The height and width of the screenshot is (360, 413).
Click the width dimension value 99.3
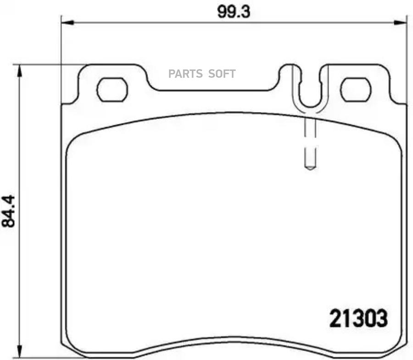(234, 11)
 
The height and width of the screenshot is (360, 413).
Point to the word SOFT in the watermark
(223, 74)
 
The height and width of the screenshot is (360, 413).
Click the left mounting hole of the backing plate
(112, 90)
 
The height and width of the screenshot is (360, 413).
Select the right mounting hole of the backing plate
(356, 90)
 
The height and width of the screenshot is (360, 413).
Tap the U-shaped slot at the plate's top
(310, 90)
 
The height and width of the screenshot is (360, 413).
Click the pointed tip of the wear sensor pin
(310, 168)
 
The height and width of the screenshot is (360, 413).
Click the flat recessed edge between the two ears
(213, 90)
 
